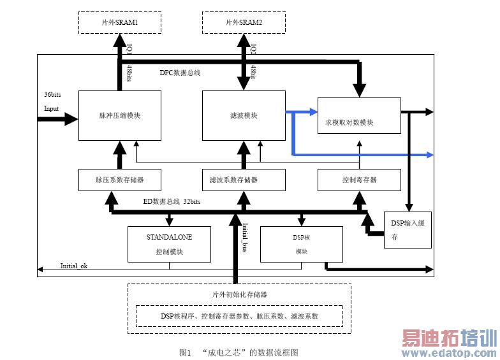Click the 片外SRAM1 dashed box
click(x=119, y=22)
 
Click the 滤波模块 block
click(x=242, y=116)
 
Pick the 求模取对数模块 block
click(x=359, y=122)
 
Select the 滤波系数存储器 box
click(x=242, y=180)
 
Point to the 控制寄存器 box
click(x=359, y=180)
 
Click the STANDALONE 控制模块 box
click(x=169, y=244)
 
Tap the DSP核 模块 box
click(x=302, y=244)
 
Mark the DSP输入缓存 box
click(x=408, y=229)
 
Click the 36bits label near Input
click(x=52, y=94)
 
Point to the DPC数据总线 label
click(x=180, y=73)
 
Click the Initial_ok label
click(x=73, y=265)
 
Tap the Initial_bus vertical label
click(x=245, y=236)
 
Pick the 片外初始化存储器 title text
click(x=239, y=294)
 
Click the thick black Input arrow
click(x=61, y=119)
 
